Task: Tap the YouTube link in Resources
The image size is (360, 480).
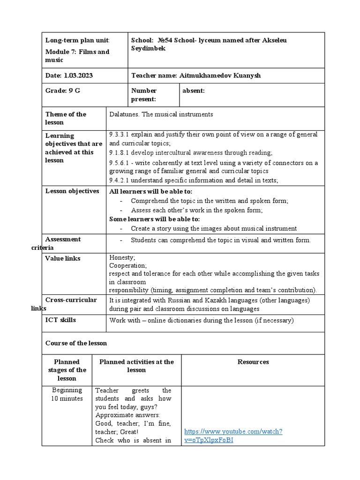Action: point(233,436)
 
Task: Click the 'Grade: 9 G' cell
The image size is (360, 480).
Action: point(63,90)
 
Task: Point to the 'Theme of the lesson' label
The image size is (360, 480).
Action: point(66,118)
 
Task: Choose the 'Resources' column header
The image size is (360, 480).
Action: point(253,362)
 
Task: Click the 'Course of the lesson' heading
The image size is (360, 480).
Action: point(76,343)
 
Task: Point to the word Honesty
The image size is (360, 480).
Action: point(122,258)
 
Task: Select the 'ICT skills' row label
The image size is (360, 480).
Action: point(60,320)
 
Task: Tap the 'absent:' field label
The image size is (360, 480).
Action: point(195,90)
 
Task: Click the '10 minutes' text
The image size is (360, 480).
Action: point(67,398)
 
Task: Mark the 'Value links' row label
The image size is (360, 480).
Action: point(62,258)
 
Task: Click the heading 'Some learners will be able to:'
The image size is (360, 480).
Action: point(154,219)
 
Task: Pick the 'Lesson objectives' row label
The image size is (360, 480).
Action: point(72,191)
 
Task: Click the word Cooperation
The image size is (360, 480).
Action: point(127,265)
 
